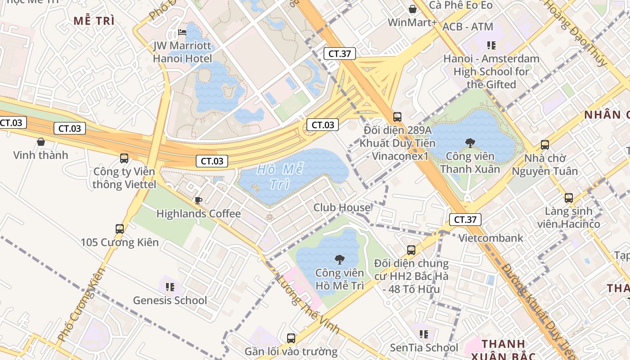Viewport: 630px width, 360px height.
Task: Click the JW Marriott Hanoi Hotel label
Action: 182,52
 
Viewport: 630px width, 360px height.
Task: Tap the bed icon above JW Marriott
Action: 182,32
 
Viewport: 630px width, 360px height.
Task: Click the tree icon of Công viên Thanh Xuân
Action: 470,143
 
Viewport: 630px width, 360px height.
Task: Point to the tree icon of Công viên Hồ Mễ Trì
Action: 339,259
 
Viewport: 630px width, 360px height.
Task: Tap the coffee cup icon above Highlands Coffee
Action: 198,200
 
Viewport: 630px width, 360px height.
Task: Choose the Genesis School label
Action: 170,300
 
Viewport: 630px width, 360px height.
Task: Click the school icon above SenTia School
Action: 423,334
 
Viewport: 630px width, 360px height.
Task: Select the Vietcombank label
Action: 491,238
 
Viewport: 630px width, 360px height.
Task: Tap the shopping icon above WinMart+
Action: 412,9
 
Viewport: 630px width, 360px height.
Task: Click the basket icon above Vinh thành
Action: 41,142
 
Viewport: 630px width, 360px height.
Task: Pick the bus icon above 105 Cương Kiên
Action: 120,229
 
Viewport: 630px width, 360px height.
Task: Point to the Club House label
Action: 342,207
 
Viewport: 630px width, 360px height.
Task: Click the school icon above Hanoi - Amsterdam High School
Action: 491,45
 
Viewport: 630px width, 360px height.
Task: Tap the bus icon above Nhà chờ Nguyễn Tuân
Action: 545,145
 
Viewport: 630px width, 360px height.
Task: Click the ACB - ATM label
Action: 468,27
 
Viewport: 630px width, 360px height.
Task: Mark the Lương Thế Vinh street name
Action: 308,304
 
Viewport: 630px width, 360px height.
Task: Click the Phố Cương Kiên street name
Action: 81,304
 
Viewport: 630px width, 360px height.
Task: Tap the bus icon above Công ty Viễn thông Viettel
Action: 124,158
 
